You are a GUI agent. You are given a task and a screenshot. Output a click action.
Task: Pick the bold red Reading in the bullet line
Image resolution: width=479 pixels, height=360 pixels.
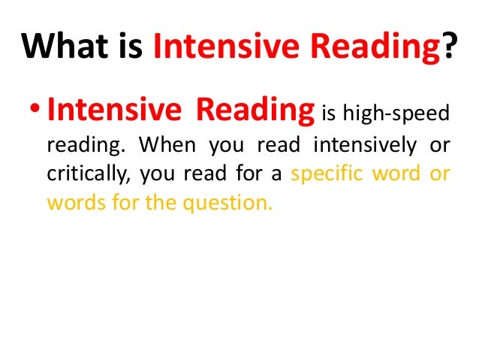255,111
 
